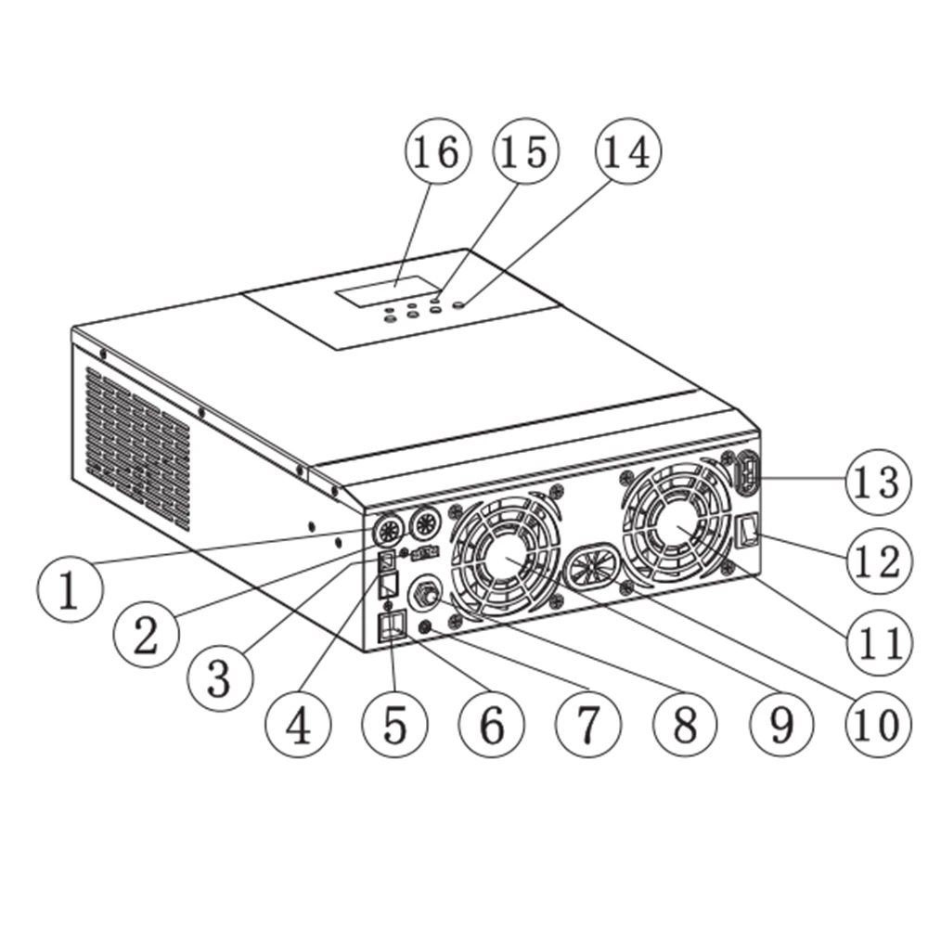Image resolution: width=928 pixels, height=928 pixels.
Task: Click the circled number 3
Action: coord(219,678)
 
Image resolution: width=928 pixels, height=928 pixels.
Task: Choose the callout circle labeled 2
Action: coord(146,636)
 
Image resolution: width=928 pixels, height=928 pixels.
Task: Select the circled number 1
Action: coord(69,592)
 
